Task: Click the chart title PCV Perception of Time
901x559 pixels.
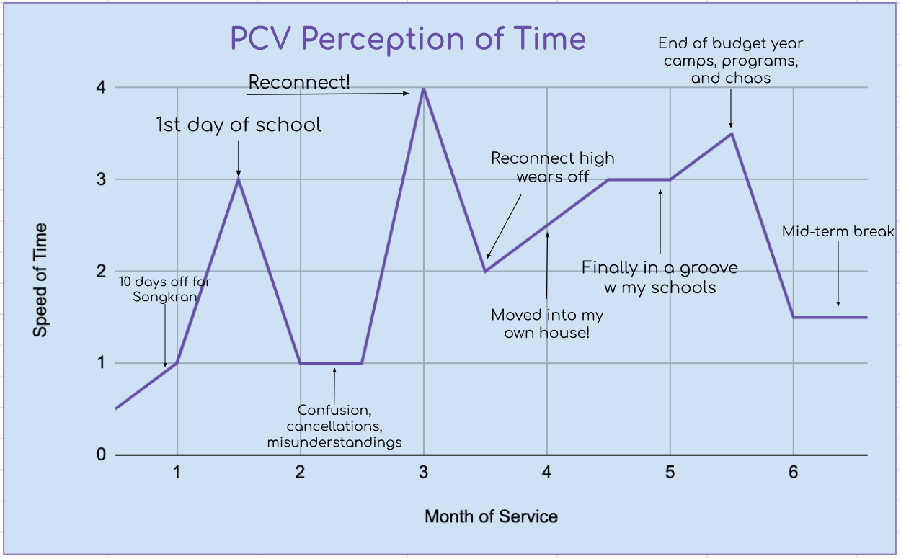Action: tap(408, 39)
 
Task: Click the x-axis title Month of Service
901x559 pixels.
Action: tap(491, 516)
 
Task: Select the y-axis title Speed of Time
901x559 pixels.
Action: tap(40, 280)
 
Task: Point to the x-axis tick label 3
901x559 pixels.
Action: tap(424, 473)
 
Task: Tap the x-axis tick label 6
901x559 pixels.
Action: tap(793, 473)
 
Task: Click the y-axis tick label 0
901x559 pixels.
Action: tap(101, 455)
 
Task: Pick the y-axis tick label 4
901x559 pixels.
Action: tap(101, 88)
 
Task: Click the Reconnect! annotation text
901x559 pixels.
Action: tap(299, 82)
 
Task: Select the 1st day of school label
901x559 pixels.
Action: tap(239, 125)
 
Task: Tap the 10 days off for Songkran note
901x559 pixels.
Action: tap(165, 288)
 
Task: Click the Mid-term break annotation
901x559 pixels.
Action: tap(838, 231)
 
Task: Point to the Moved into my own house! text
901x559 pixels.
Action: tap(547, 324)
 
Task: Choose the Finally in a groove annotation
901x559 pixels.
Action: tap(660, 277)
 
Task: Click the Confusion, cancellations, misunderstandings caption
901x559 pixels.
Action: tap(334, 426)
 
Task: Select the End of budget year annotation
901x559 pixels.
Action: tap(731, 61)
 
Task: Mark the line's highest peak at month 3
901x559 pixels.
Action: tap(424, 88)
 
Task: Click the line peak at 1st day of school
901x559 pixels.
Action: tap(239, 179)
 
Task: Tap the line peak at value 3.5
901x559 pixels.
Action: tap(732, 133)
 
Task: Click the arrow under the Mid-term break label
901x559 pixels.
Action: tap(838, 274)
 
